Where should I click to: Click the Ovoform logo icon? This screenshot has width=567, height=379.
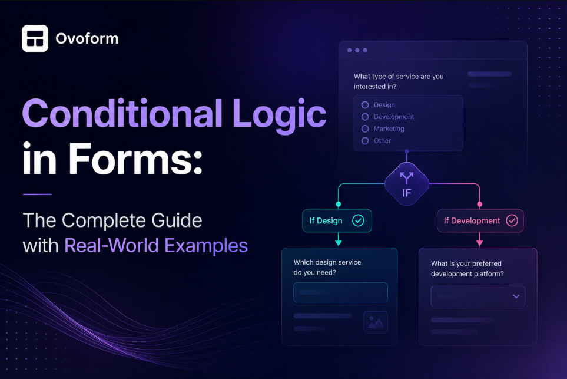[35, 38]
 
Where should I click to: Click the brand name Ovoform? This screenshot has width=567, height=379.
[87, 39]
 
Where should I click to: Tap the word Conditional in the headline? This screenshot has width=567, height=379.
[122, 114]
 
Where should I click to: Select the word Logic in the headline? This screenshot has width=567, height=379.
[279, 116]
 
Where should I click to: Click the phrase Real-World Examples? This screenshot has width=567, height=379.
[156, 246]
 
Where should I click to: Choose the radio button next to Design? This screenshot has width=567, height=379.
[365, 105]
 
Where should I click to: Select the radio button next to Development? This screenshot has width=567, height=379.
[365, 117]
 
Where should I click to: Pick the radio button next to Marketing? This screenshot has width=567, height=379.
[365, 129]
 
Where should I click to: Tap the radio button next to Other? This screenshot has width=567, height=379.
[365, 141]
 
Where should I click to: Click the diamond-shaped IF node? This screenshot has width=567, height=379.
[407, 184]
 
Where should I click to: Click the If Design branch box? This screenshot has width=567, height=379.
[337, 220]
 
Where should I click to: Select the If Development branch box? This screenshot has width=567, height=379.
[480, 220]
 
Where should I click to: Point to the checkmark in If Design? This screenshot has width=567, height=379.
[358, 220]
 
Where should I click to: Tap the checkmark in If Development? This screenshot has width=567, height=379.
[512, 220]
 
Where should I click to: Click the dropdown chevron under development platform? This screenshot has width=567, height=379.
[516, 296]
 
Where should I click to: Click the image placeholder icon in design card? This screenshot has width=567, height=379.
[376, 322]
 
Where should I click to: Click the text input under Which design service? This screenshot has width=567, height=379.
[341, 292]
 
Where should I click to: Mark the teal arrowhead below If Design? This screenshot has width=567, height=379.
[339, 243]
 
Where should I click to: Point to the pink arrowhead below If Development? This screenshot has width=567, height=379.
[479, 243]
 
